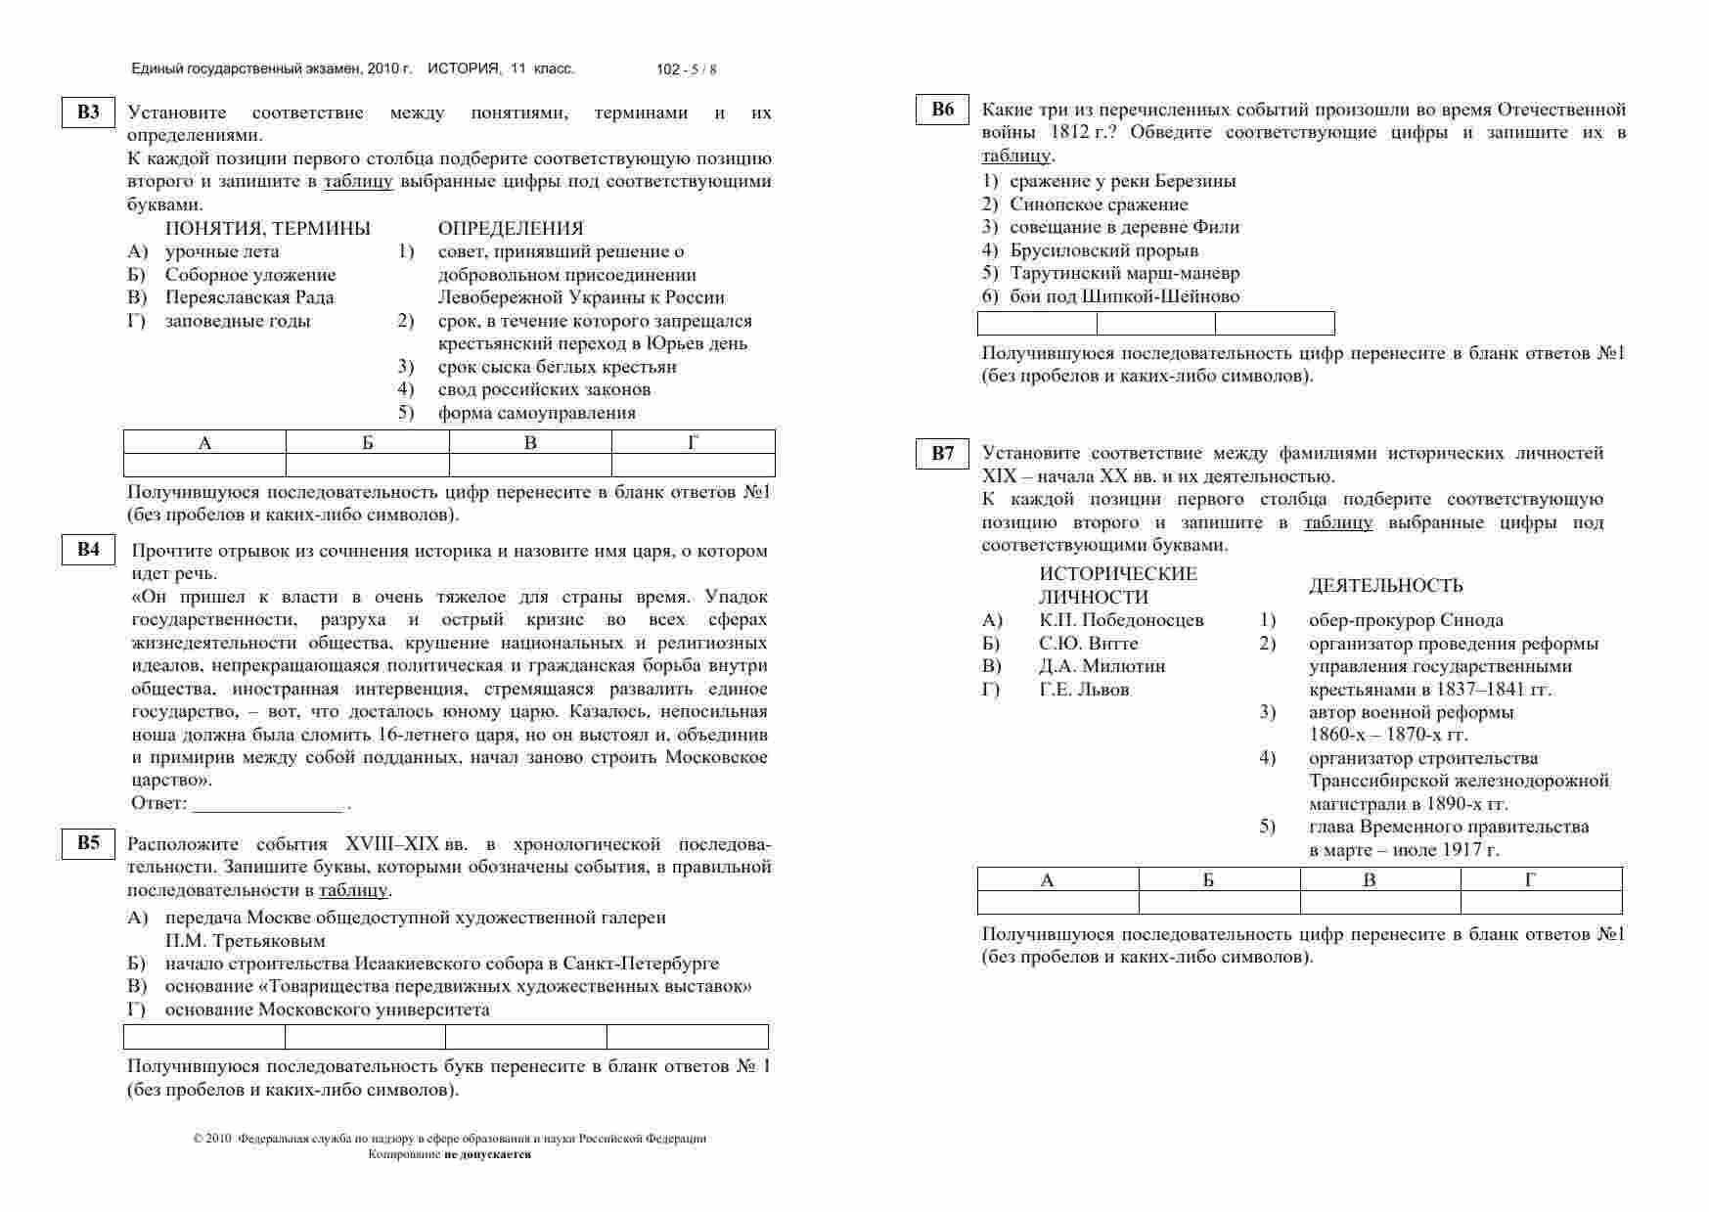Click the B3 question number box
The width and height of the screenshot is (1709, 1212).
coord(89,112)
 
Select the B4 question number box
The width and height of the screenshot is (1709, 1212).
coord(89,550)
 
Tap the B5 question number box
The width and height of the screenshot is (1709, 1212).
coord(89,842)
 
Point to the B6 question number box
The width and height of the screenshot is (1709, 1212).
coord(943,110)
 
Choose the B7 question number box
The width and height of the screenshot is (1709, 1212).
coord(943,453)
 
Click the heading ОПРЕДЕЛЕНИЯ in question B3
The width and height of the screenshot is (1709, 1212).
coord(511,229)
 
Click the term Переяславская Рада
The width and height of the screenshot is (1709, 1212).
coord(249,297)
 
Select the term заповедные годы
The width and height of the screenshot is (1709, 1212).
coord(238,321)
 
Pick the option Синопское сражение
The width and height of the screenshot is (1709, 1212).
coord(1099,204)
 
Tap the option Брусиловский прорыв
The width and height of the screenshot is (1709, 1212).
coord(1103,250)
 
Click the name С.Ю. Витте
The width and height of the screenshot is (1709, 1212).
coord(1088,644)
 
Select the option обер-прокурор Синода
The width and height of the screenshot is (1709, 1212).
coord(1406,620)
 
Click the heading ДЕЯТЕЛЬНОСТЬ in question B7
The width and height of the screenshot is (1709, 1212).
coord(1385,586)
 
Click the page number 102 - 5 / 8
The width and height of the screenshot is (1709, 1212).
coord(687,69)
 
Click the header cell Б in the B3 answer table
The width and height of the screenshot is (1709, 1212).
coord(368,443)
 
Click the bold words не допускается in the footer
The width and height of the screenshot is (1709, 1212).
coord(487,1154)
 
